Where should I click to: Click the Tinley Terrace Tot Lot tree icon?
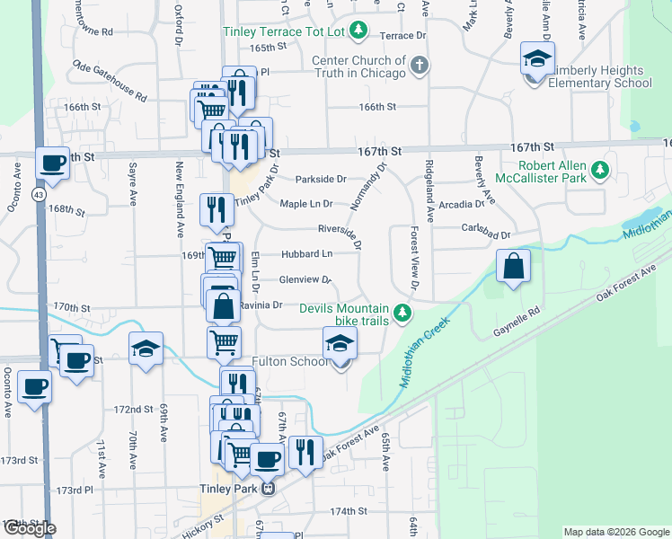(x=358, y=31)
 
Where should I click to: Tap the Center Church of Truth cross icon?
(x=419, y=65)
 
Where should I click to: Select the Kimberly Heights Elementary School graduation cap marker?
(x=537, y=60)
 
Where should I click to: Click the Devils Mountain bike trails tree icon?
(x=403, y=314)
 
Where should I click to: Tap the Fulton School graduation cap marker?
(x=340, y=345)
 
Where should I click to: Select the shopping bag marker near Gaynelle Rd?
(x=512, y=267)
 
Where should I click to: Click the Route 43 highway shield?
(x=40, y=194)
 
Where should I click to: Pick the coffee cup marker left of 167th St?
(x=53, y=164)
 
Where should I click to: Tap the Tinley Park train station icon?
(x=267, y=490)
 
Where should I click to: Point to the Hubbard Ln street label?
(x=310, y=255)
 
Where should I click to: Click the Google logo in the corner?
(x=29, y=528)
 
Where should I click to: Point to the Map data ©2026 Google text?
(x=616, y=532)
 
